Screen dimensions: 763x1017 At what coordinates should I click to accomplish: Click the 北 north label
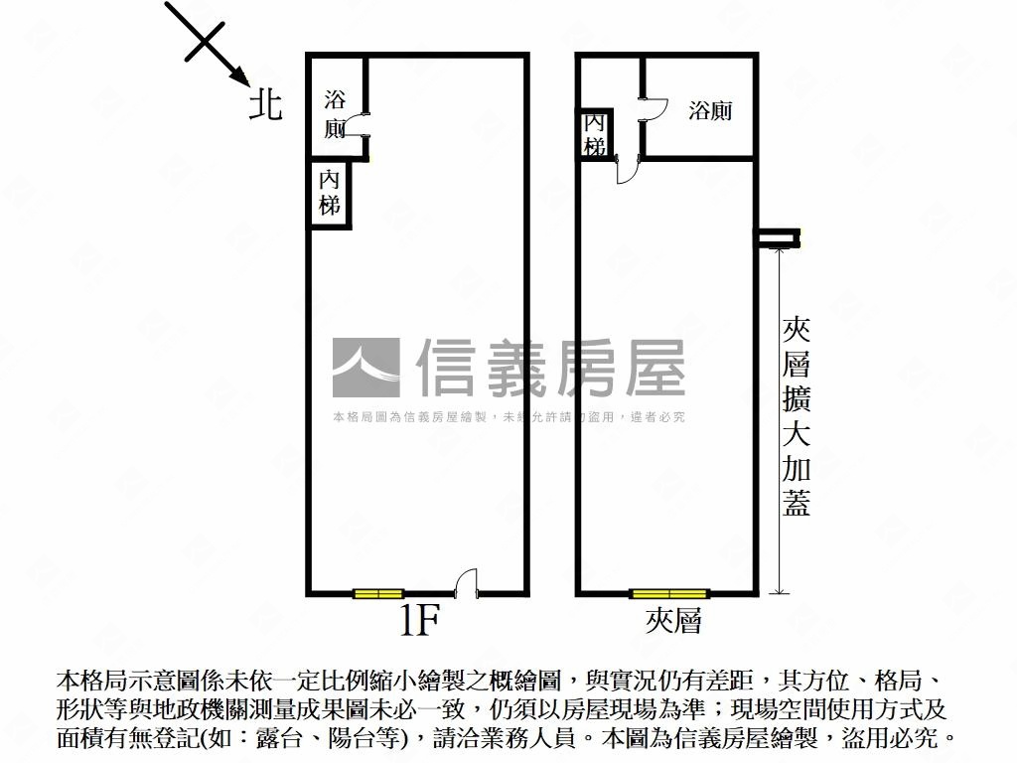[265, 104]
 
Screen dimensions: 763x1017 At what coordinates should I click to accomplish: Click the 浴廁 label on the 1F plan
[336, 113]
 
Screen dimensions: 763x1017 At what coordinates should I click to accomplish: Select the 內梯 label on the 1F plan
[330, 193]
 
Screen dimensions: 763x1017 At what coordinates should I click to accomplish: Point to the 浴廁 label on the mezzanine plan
[710, 110]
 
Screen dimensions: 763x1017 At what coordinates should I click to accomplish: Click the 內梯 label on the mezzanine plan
[595, 134]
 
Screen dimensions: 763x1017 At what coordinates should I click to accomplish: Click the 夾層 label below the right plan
[673, 622]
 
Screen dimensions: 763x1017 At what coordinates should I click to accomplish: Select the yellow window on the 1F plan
[378, 594]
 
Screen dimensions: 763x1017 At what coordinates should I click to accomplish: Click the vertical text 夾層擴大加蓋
[797, 417]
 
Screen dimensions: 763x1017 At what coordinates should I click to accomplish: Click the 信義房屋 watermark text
[550, 368]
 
